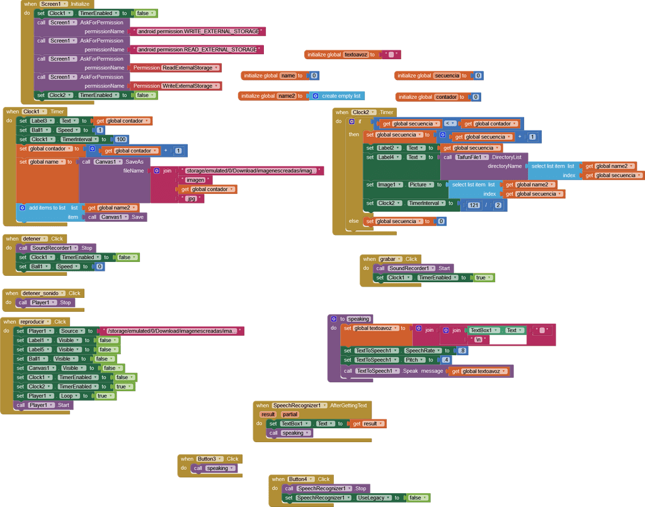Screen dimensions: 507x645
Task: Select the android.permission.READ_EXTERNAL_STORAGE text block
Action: pos(197,49)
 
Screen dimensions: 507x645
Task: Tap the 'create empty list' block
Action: pos(341,96)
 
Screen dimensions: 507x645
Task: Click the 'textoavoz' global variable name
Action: pos(355,55)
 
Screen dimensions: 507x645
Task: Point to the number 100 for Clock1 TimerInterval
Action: pos(120,139)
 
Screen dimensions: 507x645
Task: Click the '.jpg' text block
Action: pos(191,198)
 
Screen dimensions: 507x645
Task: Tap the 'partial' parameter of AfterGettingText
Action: pos(290,414)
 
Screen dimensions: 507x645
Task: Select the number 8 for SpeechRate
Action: pos(463,351)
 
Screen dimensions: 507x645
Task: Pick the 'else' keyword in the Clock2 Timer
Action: pos(353,221)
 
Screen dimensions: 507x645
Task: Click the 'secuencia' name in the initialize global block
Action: pos(447,76)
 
